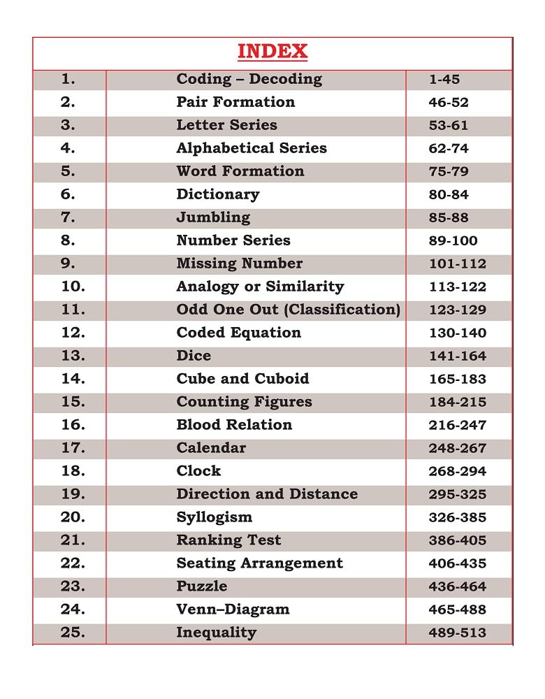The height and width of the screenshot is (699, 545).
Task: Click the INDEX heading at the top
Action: click(272, 52)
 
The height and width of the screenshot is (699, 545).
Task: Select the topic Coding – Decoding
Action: click(249, 79)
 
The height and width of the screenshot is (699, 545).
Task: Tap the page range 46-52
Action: click(449, 103)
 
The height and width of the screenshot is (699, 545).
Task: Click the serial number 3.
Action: click(68, 125)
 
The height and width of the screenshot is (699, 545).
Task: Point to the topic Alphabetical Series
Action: click(252, 148)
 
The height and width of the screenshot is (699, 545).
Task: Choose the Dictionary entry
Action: click(217, 194)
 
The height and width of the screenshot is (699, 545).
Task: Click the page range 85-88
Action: click(449, 218)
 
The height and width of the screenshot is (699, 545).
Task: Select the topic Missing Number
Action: click(240, 264)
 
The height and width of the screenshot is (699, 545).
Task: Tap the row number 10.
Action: click(73, 287)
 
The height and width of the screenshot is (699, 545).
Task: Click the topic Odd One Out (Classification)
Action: click(288, 310)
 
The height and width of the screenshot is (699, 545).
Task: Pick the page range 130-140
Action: click(457, 333)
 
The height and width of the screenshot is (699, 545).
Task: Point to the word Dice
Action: click(194, 356)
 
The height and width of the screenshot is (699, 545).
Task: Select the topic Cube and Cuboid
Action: click(242, 379)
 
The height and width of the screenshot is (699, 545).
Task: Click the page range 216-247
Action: click(457, 425)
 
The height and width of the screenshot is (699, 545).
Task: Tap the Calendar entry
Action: click(211, 448)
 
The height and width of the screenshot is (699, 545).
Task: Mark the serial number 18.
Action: click(73, 471)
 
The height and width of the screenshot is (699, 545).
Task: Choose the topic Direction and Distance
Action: click(267, 494)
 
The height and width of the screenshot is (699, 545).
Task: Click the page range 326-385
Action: click(457, 518)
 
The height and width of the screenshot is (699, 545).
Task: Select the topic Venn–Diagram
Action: click(233, 610)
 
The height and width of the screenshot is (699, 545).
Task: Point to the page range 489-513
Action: click(457, 633)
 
